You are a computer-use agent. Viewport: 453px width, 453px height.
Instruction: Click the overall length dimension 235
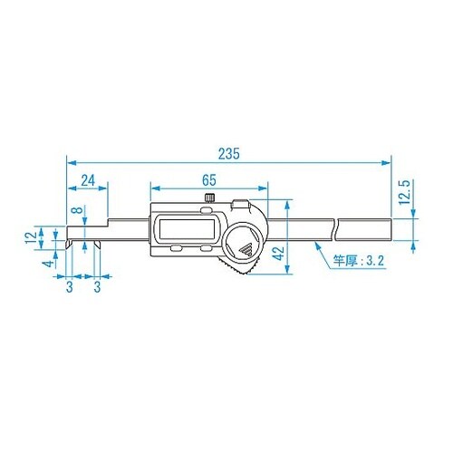coord(228,155)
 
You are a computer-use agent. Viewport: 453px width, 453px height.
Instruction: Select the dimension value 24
coord(88,180)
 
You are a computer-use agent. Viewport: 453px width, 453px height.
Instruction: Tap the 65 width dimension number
coord(209,180)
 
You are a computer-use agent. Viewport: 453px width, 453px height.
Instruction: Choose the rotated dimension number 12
coord(30,236)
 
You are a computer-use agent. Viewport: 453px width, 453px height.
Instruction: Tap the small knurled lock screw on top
coord(209,198)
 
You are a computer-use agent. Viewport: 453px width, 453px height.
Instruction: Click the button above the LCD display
coord(241,205)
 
